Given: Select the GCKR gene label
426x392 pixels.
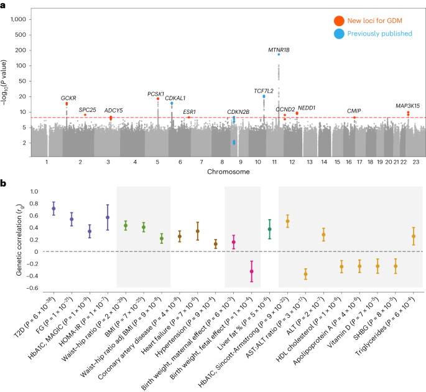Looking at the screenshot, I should tap(68, 98).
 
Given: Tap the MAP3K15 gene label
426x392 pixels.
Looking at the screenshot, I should tap(407, 106).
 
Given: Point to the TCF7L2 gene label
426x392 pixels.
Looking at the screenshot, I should tap(264, 90).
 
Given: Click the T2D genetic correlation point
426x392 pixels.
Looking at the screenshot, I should tap(54, 208).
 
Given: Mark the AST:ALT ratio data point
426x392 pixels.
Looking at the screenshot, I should tap(305, 274).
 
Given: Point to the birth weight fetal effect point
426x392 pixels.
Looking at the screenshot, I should tap(252, 271).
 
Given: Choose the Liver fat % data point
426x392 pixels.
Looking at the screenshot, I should tap(269, 229).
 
